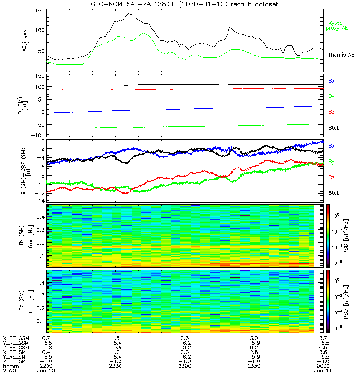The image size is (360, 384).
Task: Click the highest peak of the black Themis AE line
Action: (129, 14)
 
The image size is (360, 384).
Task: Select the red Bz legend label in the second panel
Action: (331, 112)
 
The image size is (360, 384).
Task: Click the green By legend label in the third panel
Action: (331, 161)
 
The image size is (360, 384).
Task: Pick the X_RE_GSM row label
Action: (16, 338)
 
